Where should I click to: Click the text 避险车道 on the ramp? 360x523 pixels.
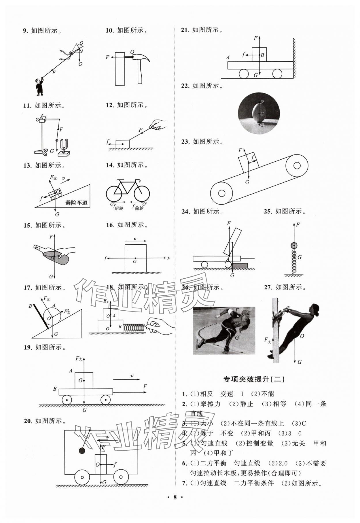pyautogui.click(x=76, y=203)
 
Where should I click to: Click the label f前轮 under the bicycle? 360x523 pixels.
pyautogui.click(x=138, y=207)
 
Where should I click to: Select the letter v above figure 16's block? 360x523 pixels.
pyautogui.click(x=135, y=239)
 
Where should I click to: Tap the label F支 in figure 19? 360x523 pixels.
pyautogui.click(x=79, y=358)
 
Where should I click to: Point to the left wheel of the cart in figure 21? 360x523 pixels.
pyautogui.click(x=244, y=74)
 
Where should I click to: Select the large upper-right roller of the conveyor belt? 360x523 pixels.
pyautogui.click(x=297, y=166)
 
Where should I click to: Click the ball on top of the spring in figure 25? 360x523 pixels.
pyautogui.click(x=294, y=246)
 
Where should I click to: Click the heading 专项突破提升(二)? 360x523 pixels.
pyautogui.click(x=254, y=379)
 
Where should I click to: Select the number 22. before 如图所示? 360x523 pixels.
pyautogui.click(x=185, y=86)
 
